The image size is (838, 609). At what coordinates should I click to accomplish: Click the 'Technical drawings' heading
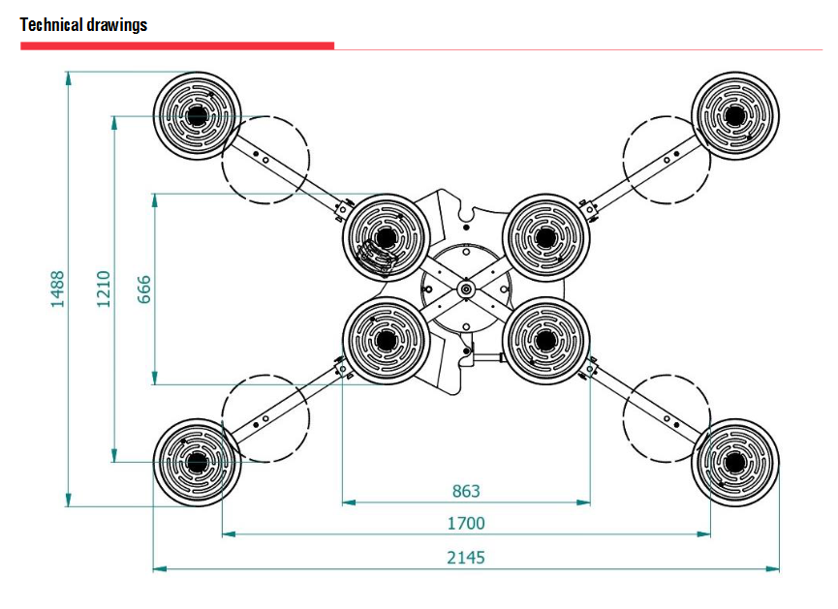[x=83, y=25]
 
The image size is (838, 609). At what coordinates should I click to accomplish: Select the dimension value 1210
[x=105, y=289]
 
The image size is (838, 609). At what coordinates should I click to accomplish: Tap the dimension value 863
[x=466, y=491]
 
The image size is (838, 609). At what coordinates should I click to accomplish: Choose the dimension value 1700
[x=466, y=524]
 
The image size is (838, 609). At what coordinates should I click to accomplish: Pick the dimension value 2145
[x=466, y=557]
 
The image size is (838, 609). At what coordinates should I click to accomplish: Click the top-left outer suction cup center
[x=198, y=116]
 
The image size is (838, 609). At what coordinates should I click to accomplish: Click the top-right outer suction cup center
[x=734, y=116]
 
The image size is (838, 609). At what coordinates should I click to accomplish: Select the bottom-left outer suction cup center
[x=198, y=463]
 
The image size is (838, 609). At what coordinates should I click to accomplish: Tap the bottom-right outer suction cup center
[x=734, y=463]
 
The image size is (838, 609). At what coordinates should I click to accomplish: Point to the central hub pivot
[x=466, y=288]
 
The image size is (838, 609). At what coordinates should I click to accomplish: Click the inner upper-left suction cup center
[x=387, y=237]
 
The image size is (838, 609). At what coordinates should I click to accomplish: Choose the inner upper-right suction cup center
[x=546, y=237]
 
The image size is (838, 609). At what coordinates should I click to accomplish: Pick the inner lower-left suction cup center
[x=387, y=340]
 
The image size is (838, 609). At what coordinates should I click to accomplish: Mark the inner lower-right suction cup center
[x=546, y=340]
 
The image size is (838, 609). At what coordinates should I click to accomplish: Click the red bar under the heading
[x=177, y=46]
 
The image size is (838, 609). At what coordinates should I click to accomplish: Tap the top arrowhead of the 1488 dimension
[x=68, y=76]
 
